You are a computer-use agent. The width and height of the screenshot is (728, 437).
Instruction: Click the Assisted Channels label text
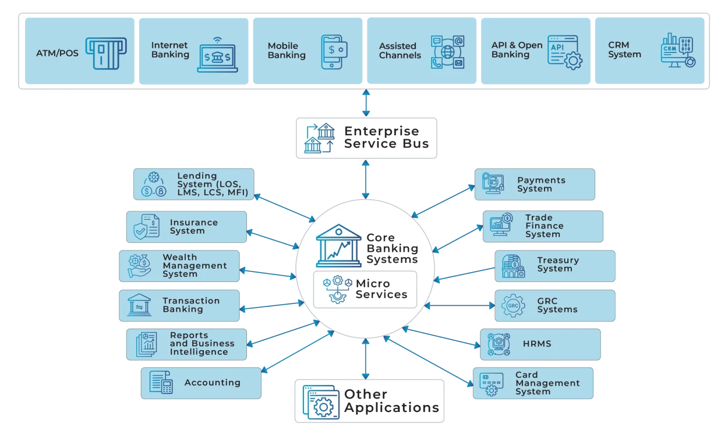click(400, 51)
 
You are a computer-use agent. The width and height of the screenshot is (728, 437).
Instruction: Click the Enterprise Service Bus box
click(366, 138)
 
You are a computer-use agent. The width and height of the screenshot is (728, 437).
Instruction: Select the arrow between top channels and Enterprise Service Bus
click(366, 103)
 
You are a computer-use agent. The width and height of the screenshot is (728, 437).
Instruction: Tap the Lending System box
click(194, 184)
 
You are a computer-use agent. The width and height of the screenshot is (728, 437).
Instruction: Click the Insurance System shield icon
click(146, 227)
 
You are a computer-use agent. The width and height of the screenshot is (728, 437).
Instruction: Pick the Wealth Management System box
click(179, 266)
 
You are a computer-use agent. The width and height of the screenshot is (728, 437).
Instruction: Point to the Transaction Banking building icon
click(139, 305)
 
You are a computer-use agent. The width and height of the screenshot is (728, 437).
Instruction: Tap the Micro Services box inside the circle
click(365, 289)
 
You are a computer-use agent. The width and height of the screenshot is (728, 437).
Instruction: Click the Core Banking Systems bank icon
click(338, 244)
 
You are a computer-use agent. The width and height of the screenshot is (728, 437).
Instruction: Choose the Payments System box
click(534, 184)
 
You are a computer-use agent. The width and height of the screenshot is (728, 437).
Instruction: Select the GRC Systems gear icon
click(513, 306)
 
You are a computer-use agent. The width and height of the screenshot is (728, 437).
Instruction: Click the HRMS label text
click(536, 344)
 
